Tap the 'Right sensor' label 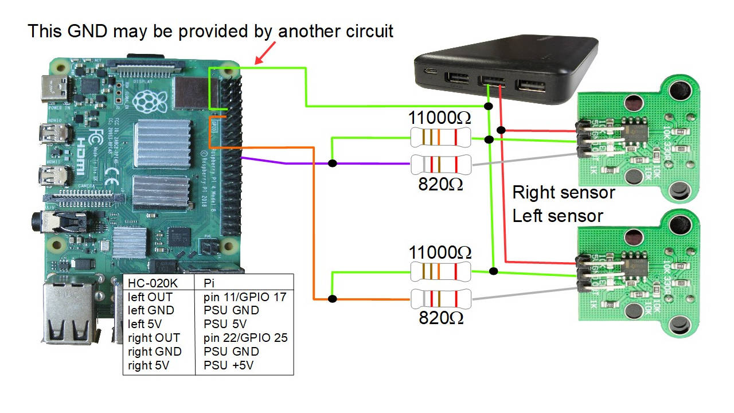click(x=563, y=193)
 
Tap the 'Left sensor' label click(x=557, y=216)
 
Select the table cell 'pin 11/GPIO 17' click(x=244, y=297)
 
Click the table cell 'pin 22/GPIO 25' click(x=245, y=338)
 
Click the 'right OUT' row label click(x=154, y=338)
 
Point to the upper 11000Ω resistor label click(x=439, y=118)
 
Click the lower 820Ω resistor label click(x=440, y=318)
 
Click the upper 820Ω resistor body click(x=440, y=164)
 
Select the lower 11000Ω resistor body click(x=440, y=271)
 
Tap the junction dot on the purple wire click(x=333, y=164)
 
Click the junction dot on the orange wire click(x=333, y=299)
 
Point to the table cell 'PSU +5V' click(x=228, y=365)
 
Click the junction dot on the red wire click(x=501, y=130)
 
